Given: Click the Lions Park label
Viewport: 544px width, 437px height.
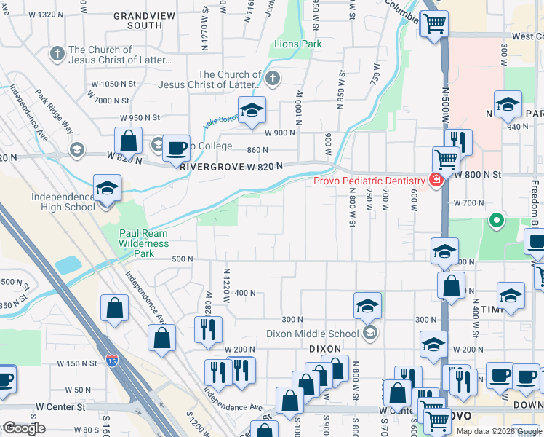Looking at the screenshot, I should pos(298,44).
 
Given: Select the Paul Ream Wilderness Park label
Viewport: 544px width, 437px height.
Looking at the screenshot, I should pos(143,243).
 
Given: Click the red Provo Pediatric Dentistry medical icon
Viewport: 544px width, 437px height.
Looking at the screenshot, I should pos(436,181).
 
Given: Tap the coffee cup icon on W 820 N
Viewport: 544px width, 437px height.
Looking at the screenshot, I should pos(176,148).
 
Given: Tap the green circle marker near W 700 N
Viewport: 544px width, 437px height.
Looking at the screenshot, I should pos(497,219).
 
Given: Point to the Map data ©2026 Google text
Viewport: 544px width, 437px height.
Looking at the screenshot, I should pos(498,431).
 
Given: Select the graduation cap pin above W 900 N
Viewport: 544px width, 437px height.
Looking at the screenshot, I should pos(252,110).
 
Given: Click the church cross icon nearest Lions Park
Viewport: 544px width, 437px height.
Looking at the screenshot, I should pos(272,77).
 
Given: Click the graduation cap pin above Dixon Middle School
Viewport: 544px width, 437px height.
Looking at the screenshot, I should pos(368,305).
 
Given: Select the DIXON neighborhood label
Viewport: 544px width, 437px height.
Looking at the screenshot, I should pos(324,349).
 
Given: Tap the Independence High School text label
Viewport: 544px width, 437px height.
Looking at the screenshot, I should pos(63,202).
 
